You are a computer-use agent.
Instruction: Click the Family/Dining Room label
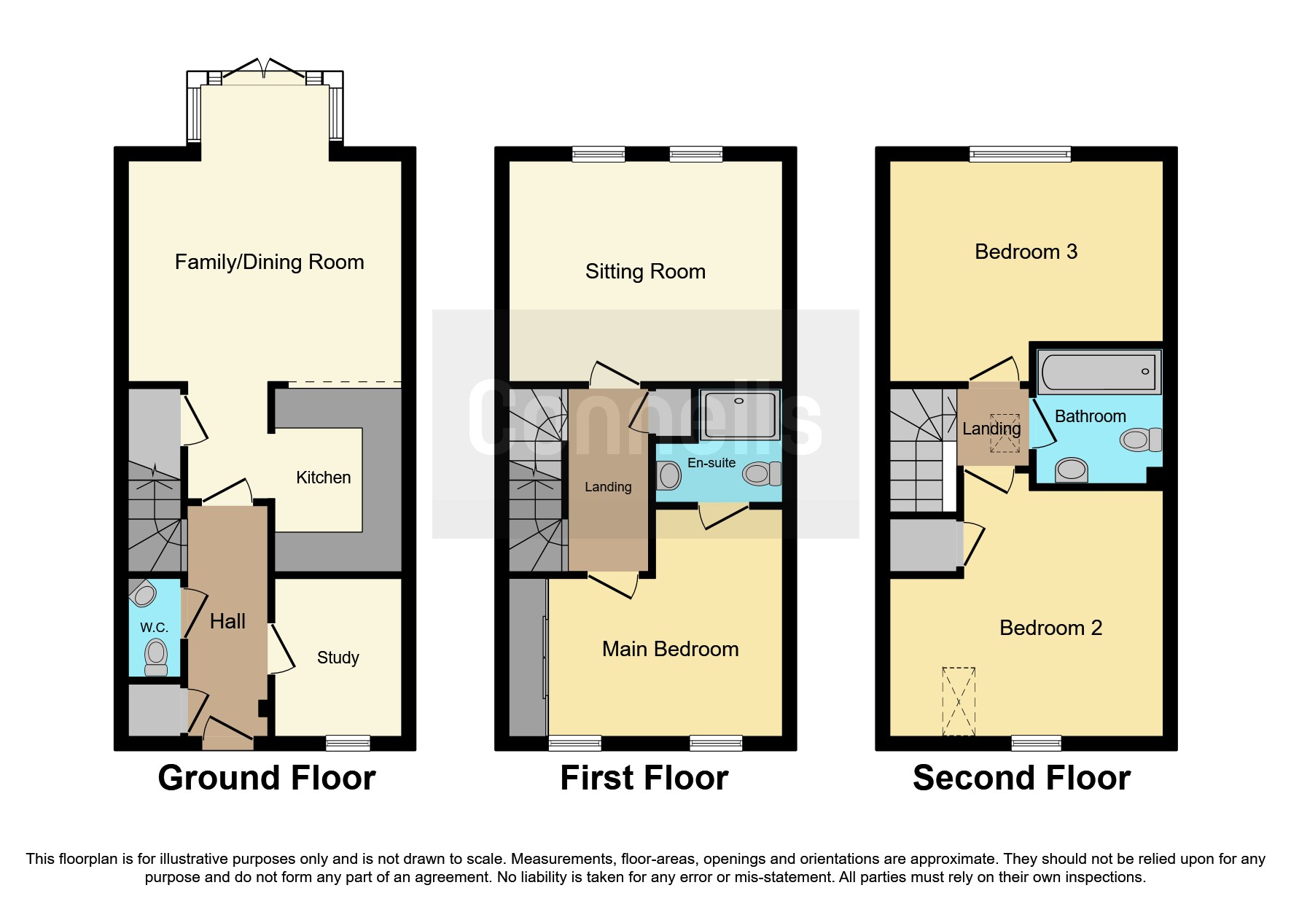tap(269, 262)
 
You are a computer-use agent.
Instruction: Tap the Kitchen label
tap(323, 478)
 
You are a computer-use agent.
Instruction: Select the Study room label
tap(338, 658)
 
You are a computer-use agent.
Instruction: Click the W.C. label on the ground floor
tap(154, 628)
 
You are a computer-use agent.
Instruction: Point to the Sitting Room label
tap(645, 272)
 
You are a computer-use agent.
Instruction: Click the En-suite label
tap(711, 463)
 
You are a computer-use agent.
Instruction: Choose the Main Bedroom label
tap(670, 649)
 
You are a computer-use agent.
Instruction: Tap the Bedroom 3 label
tap(1026, 252)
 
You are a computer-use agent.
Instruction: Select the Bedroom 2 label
tap(1050, 628)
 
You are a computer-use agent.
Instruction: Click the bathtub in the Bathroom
tap(1098, 372)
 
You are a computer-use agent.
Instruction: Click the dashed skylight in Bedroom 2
tap(958, 701)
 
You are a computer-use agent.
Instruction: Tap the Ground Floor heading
tap(267, 778)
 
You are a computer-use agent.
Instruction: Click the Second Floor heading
tap(1021, 778)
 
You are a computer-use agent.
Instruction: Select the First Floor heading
tap(644, 778)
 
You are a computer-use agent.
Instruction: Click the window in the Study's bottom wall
tap(348, 743)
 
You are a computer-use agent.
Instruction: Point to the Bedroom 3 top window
tap(1020, 154)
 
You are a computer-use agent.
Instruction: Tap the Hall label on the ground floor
tap(227, 622)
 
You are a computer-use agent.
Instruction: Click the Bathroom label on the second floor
tap(1090, 416)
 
